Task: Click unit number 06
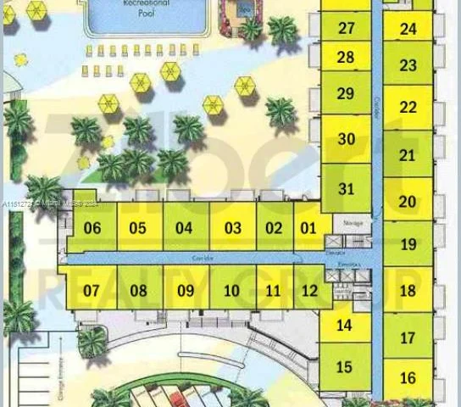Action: point(92,228)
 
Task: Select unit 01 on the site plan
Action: point(308,228)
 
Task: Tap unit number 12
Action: point(310,291)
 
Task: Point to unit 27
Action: point(346,28)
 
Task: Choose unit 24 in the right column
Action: point(408,29)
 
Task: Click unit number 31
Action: point(346,189)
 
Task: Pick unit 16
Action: point(408,378)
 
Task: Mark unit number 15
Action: point(344,367)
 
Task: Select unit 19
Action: point(408,244)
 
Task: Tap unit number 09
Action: point(186,291)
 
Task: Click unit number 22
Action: point(408,108)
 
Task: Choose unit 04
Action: point(184,228)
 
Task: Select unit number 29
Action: point(346,93)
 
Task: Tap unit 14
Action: point(344,326)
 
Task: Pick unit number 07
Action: point(92,291)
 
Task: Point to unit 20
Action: point(408,202)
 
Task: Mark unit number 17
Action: point(408,337)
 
